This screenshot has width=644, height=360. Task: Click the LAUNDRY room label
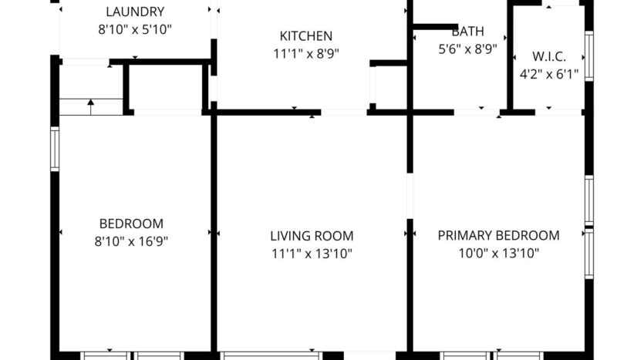tap(135, 12)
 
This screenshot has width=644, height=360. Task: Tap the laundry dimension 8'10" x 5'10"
tap(135, 29)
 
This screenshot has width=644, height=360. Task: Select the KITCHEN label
tap(306, 36)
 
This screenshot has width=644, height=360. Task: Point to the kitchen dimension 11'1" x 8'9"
tap(306, 54)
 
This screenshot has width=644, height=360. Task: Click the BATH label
tap(467, 32)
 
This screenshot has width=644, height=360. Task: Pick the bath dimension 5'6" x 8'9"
tap(467, 49)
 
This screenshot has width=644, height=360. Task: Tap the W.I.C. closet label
tap(548, 56)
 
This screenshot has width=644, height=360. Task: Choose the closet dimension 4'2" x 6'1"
tap(548, 74)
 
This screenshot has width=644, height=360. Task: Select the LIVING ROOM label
tap(312, 236)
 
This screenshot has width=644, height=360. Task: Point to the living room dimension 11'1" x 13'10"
tap(312, 254)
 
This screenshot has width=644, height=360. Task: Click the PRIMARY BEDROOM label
tap(498, 236)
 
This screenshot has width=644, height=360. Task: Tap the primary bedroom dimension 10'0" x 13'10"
tap(498, 254)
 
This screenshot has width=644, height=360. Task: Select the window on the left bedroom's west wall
tap(55, 149)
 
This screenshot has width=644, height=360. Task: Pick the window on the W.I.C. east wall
tap(588, 56)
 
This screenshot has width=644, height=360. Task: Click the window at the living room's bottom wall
tap(270, 355)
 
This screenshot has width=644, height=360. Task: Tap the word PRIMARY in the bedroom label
tap(464, 236)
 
